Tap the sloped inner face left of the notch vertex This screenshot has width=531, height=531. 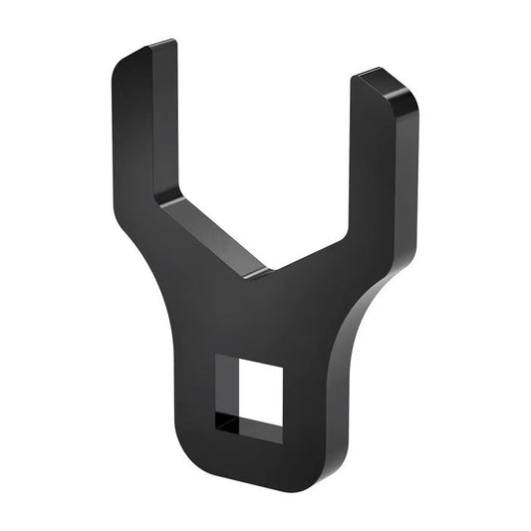pos(214,233)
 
